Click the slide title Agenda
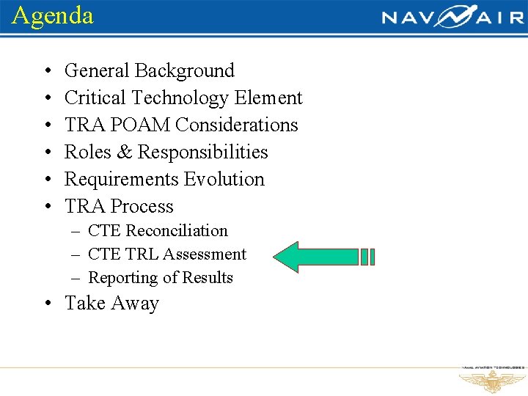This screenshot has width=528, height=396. [x=53, y=15]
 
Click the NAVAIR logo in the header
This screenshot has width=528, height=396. [x=452, y=17]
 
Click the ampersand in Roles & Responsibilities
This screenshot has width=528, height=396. [x=124, y=153]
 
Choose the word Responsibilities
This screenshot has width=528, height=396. [x=203, y=153]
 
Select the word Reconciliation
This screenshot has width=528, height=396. [x=177, y=231]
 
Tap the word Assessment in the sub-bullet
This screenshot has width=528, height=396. [x=204, y=254]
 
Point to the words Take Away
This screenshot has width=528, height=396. [x=111, y=304]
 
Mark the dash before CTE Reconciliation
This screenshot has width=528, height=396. [x=76, y=231]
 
